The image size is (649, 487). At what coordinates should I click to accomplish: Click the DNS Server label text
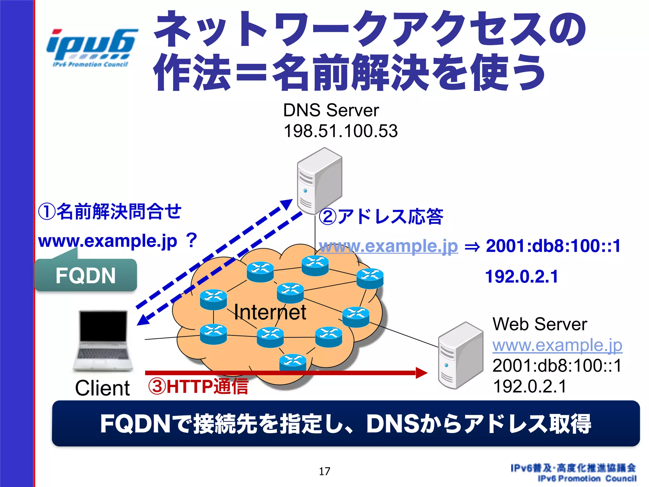pyautogui.click(x=331, y=110)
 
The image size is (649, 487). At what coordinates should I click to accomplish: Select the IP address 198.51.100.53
pyautogui.click(x=340, y=131)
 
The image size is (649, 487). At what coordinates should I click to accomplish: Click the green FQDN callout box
pyautogui.click(x=86, y=275)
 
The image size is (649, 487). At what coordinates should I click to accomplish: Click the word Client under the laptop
pyautogui.click(x=102, y=388)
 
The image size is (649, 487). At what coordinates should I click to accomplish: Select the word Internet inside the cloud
pyautogui.click(x=270, y=312)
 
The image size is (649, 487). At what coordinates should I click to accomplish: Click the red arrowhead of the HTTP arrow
pyautogui.click(x=421, y=373)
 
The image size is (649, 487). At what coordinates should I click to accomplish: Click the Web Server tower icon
pyautogui.click(x=460, y=355)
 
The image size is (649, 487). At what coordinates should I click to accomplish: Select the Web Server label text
pyautogui.click(x=540, y=324)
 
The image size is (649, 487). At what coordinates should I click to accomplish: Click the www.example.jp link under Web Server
pyautogui.click(x=557, y=345)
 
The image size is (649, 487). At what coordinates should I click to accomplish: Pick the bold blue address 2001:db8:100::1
pyautogui.click(x=553, y=246)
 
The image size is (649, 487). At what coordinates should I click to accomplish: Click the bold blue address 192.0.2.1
pyautogui.click(x=522, y=276)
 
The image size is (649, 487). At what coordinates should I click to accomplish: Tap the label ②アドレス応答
pyautogui.click(x=381, y=217)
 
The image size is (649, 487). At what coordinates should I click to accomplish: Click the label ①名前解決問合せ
pyautogui.click(x=110, y=211)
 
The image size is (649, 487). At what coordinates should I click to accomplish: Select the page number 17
pyautogui.click(x=324, y=471)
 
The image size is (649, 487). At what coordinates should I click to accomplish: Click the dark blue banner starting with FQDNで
pyautogui.click(x=345, y=424)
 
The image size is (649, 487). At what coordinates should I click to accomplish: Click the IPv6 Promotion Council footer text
pyautogui.click(x=587, y=478)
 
